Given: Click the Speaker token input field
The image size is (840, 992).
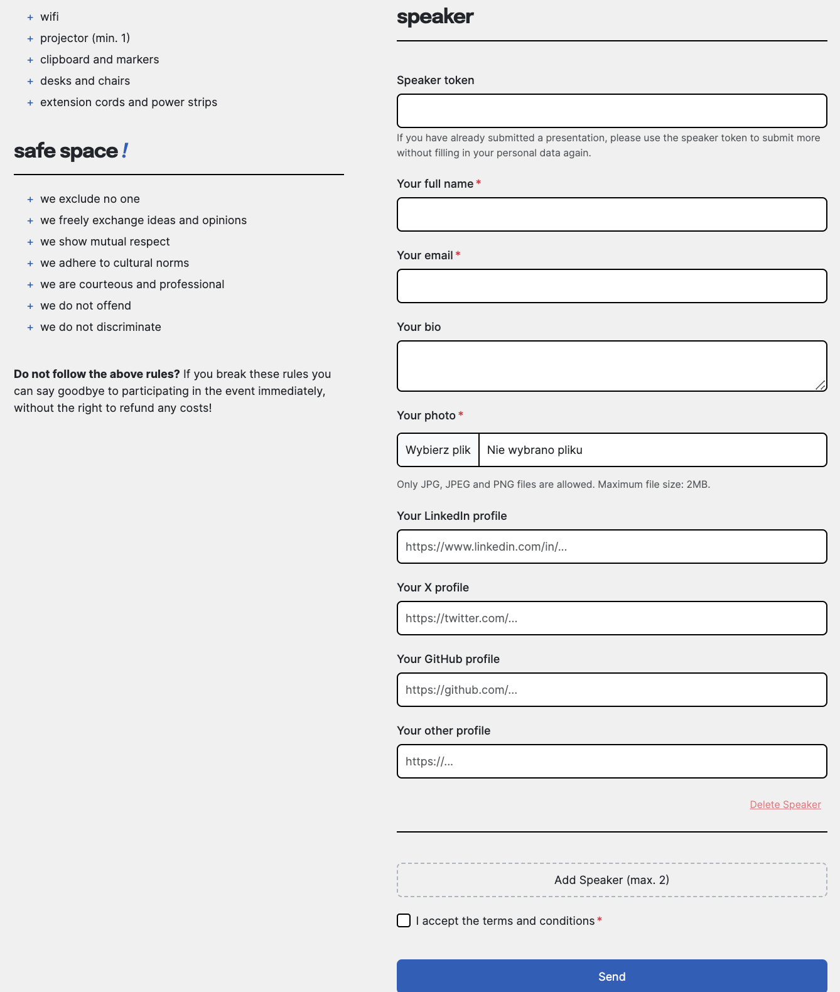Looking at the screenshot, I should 611,111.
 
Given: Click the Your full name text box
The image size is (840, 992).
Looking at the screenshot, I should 611,215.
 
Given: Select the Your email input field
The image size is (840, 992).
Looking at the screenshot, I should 611,286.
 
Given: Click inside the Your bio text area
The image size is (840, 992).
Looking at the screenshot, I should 611,366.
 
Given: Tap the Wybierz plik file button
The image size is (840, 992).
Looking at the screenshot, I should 438,450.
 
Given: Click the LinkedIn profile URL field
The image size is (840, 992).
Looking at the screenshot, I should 611,547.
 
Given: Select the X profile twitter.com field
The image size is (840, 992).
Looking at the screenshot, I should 611,618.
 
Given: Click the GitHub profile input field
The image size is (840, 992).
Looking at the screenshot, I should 611,690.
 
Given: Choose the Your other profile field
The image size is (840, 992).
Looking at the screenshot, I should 611,762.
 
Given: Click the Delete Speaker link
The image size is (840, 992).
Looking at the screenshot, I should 785,805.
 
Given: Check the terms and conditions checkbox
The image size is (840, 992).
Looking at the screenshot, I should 404,920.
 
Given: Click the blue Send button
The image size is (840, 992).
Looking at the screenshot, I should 611,976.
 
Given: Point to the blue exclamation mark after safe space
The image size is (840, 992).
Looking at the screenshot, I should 125,151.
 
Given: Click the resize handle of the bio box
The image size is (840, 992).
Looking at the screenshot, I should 821,385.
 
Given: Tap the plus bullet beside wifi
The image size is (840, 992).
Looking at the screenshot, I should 30,18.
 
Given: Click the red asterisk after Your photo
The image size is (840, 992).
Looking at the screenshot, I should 461,414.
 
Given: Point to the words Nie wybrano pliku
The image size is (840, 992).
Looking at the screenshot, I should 535,450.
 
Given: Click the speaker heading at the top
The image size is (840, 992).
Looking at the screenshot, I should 435,17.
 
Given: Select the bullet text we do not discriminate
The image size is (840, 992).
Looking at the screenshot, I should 100,327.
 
